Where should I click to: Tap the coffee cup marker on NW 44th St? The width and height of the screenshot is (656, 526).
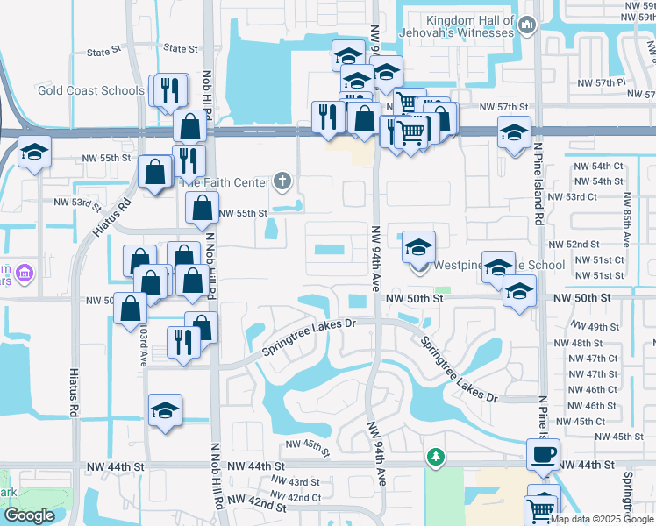[x=543, y=455]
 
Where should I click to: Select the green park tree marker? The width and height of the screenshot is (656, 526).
[x=435, y=457]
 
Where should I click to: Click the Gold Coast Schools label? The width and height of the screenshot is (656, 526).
[x=91, y=90]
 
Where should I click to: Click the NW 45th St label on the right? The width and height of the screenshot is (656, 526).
[x=624, y=437]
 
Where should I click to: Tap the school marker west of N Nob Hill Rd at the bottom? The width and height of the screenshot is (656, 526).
[x=165, y=412]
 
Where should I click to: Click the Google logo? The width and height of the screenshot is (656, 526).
[x=29, y=515]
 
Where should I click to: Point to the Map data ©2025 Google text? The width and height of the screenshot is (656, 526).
[x=602, y=519]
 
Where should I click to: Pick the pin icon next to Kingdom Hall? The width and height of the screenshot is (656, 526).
[x=526, y=26]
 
